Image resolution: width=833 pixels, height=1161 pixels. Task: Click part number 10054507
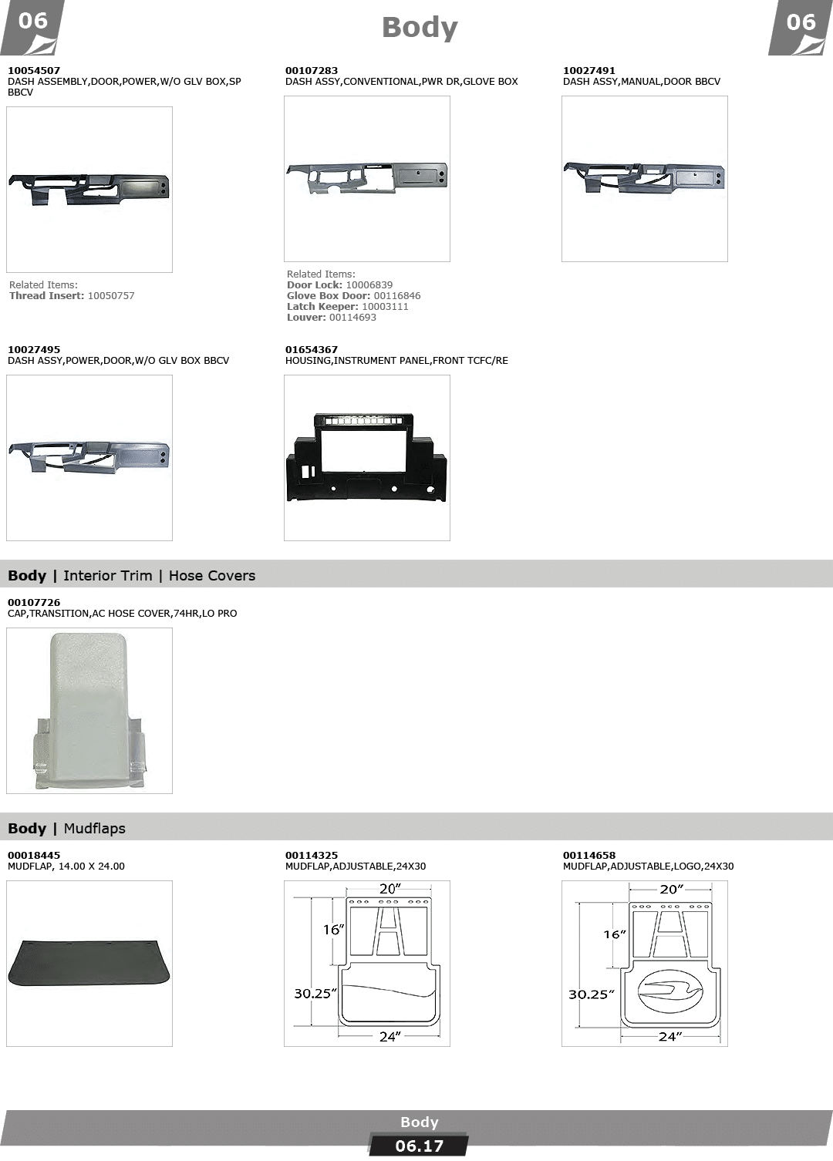click(x=34, y=70)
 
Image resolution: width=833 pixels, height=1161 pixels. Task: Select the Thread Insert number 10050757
click(x=111, y=296)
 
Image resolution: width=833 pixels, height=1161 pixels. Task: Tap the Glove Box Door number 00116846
click(x=396, y=296)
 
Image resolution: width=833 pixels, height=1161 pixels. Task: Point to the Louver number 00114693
click(x=352, y=318)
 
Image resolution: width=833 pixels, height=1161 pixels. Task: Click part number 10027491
click(x=589, y=70)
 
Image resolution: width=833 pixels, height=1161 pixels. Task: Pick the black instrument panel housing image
click(x=366, y=457)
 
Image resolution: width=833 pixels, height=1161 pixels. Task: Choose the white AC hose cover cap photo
click(x=89, y=711)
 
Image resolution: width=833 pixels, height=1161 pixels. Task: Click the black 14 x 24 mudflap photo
click(x=89, y=963)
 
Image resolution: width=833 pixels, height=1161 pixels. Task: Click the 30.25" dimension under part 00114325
click(x=315, y=994)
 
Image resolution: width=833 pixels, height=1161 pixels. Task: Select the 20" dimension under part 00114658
click(x=671, y=890)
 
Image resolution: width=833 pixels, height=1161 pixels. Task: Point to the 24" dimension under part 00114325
click(x=390, y=1037)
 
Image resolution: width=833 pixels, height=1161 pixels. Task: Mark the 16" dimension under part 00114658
click(x=615, y=934)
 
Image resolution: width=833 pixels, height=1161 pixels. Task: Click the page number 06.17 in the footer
click(x=419, y=1146)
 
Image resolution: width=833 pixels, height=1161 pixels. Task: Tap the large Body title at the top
click(x=420, y=28)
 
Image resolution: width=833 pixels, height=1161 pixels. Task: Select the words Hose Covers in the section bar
click(x=212, y=576)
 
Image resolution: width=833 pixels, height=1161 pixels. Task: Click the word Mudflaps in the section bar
click(x=94, y=829)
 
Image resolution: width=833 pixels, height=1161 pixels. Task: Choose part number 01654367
click(x=311, y=350)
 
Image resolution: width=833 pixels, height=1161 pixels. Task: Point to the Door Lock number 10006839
click(x=369, y=285)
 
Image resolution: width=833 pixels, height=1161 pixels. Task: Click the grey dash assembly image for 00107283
click(x=366, y=177)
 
